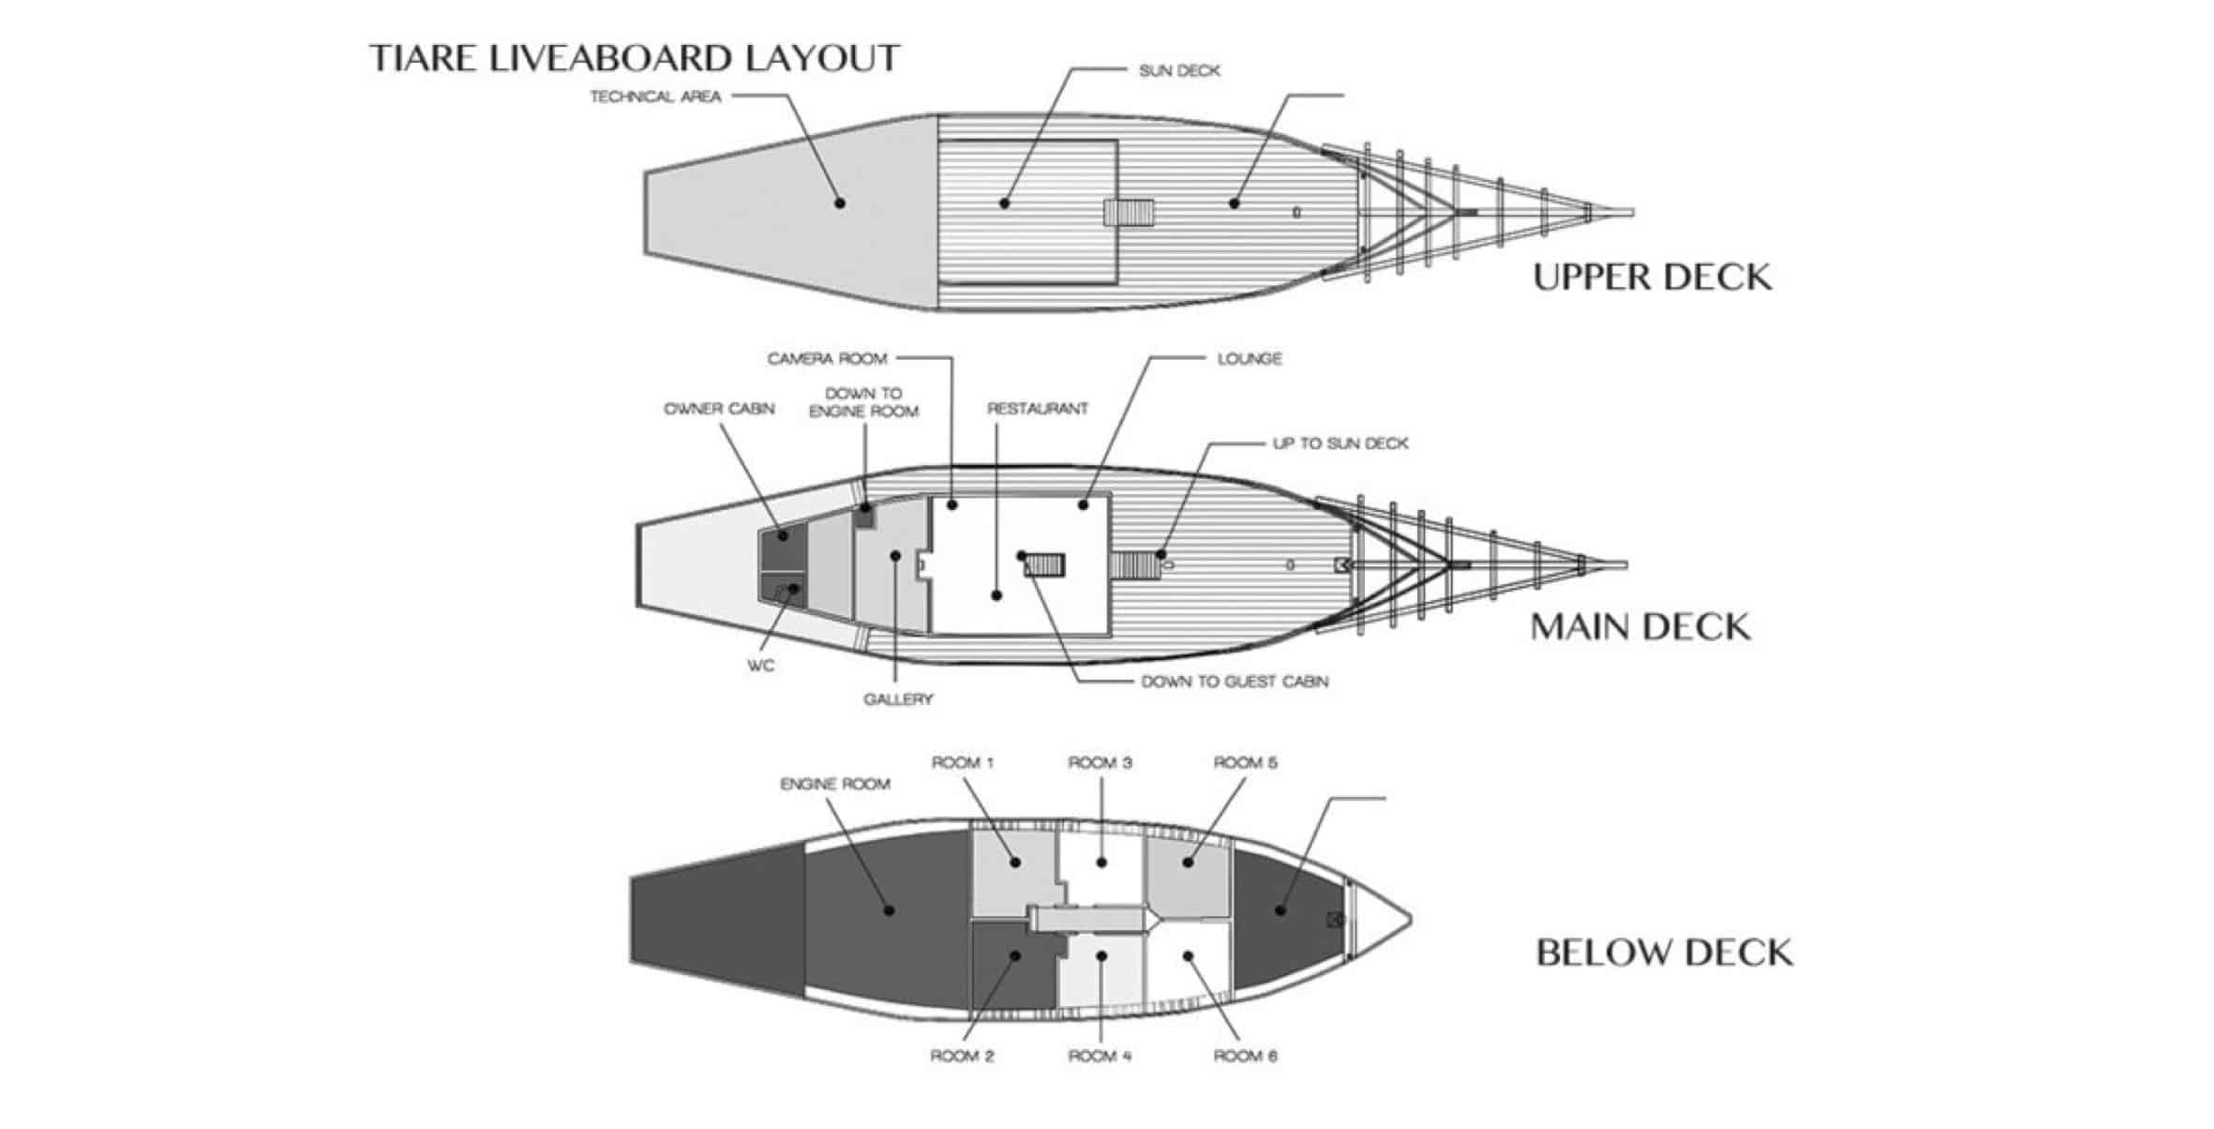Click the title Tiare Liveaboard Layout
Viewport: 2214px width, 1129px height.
point(635,58)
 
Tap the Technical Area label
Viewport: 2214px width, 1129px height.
point(655,96)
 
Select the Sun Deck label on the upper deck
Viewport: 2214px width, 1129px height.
point(1179,70)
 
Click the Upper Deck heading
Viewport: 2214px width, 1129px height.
point(1652,278)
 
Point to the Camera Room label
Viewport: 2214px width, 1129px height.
point(827,358)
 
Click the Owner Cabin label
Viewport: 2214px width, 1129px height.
point(719,409)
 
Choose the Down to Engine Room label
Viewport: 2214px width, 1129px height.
point(863,402)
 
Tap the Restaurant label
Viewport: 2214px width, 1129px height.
point(1037,409)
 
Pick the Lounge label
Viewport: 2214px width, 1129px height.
point(1249,358)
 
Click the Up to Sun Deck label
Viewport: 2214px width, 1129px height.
point(1339,443)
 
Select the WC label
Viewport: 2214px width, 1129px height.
point(760,666)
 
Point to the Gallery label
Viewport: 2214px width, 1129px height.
point(898,699)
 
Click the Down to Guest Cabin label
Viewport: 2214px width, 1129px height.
point(1234,682)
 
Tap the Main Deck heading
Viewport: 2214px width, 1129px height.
point(1639,627)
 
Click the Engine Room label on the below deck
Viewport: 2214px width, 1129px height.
point(834,784)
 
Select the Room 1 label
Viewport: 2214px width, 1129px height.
point(962,762)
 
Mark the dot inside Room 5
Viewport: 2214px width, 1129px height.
point(1188,862)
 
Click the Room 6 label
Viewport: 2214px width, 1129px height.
point(1245,1056)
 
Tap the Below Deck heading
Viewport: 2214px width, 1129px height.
point(1664,953)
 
